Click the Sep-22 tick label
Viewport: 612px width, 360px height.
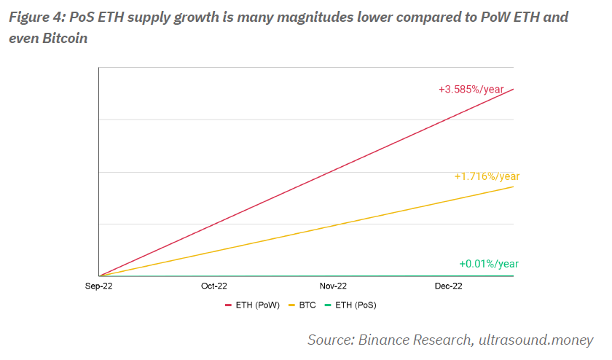(98, 286)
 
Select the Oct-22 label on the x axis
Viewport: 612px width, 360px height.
(213, 286)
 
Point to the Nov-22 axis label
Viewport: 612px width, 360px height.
(333, 286)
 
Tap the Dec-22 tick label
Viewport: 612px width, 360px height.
(448, 286)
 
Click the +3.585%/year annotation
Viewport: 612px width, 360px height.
(471, 90)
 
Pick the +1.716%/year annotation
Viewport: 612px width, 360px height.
(487, 176)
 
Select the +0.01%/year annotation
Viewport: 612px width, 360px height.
(489, 264)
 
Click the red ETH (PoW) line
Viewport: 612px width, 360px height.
(306, 183)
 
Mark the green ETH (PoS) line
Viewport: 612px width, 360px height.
(306, 276)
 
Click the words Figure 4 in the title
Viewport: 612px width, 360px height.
(36, 17)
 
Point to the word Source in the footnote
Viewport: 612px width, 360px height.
(331, 340)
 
